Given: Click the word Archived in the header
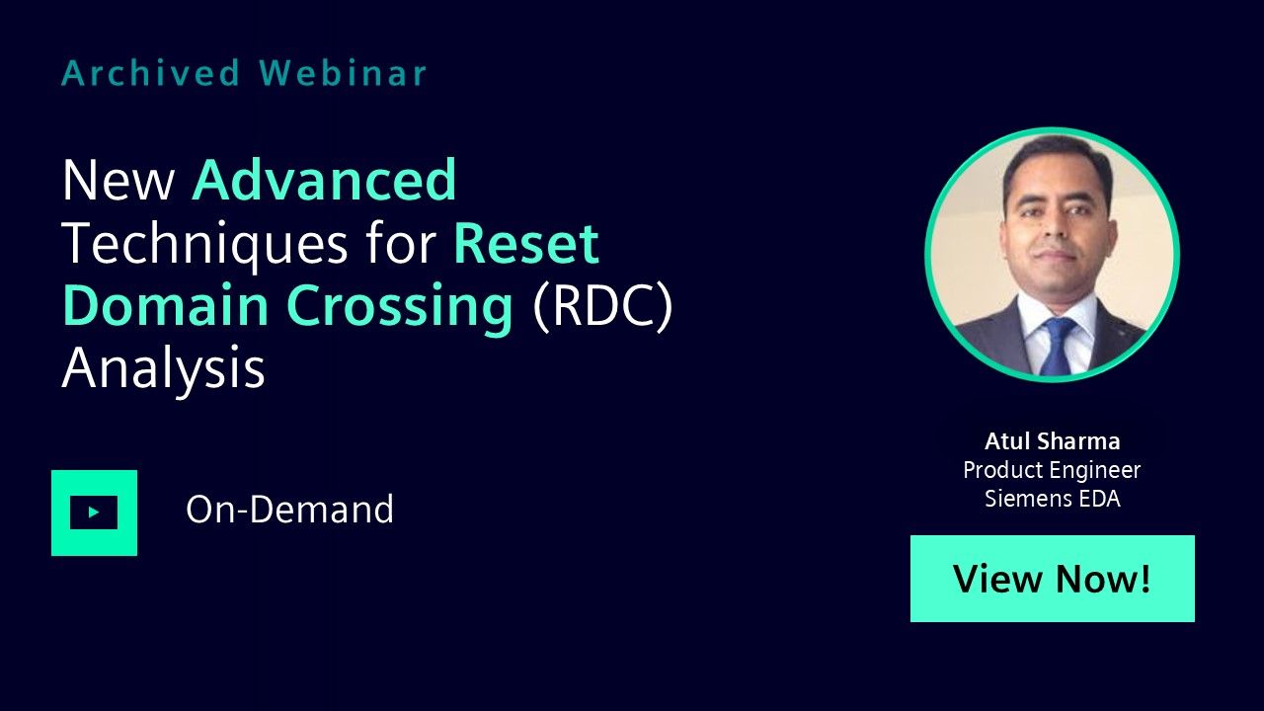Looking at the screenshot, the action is (151, 73).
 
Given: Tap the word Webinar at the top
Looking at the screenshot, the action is (343, 73).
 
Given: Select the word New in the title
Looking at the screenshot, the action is (118, 181).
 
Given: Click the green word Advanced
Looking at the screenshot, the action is (325, 180).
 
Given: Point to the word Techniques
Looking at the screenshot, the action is (204, 244).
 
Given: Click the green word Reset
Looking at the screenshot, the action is (526, 244).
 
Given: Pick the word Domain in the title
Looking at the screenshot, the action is (165, 305).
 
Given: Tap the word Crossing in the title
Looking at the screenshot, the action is (400, 307).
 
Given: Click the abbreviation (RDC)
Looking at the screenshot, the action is (602, 306).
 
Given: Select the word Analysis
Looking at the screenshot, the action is (164, 368).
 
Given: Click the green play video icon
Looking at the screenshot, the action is (94, 513).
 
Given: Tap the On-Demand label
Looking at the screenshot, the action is (289, 509).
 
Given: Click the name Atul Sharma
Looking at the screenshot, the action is (1053, 441).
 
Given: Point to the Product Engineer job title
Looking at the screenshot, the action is (1052, 470).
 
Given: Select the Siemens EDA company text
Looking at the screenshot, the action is (1053, 499).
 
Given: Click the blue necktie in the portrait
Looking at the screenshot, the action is (1057, 346).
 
